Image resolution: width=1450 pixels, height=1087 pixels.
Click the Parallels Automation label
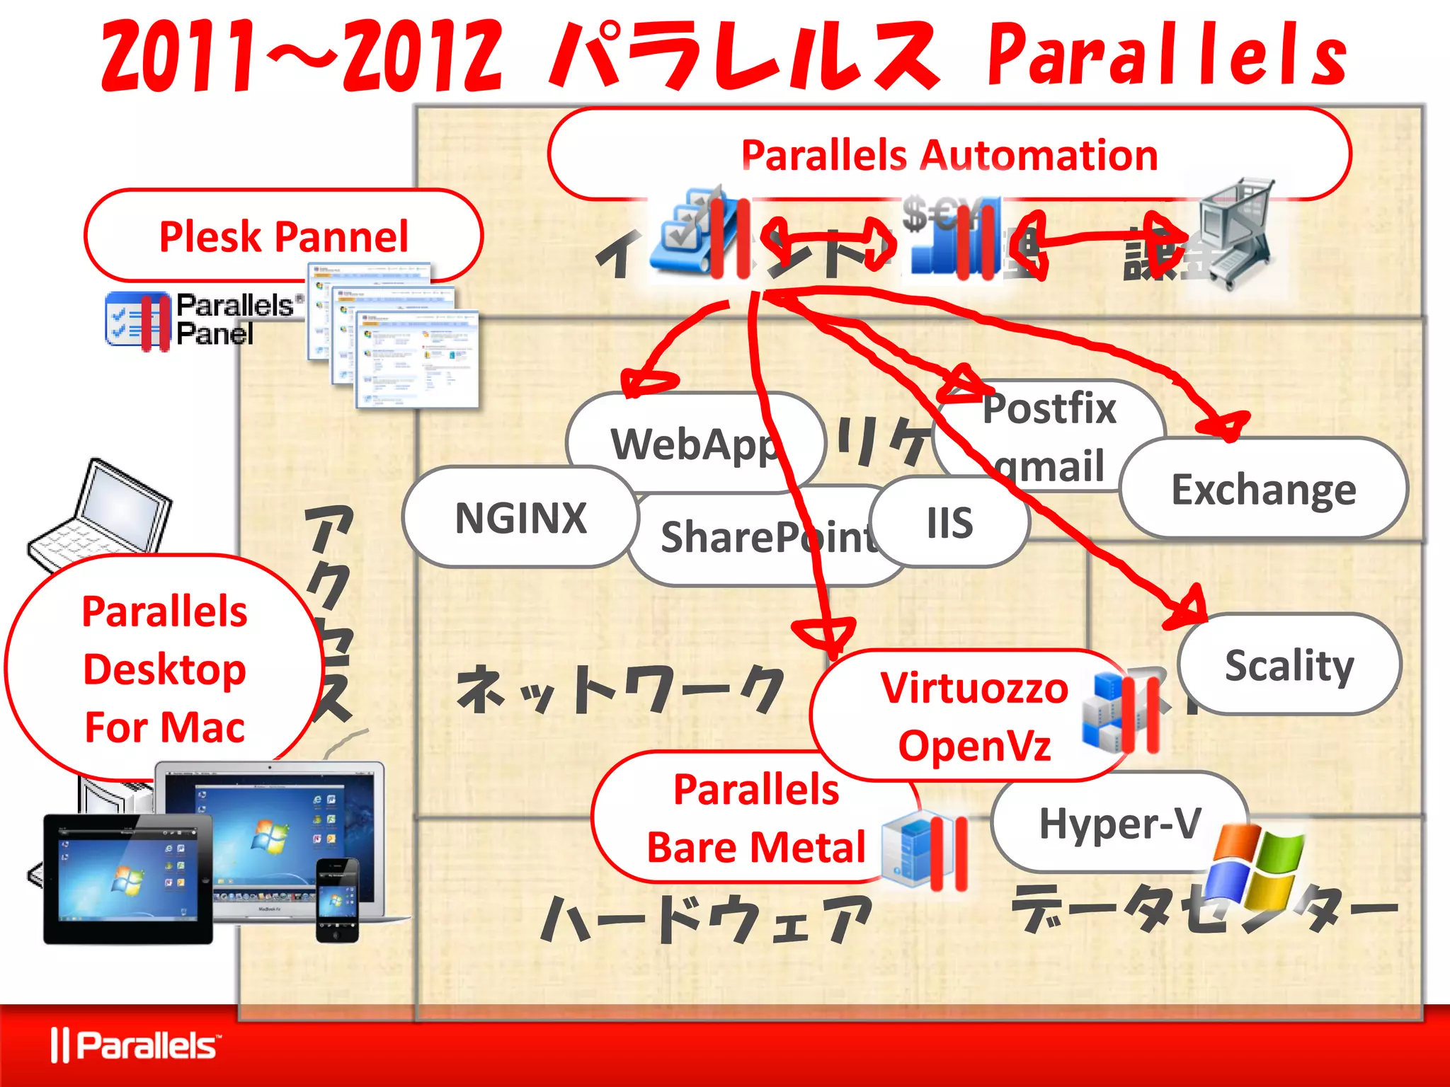pyautogui.click(x=949, y=155)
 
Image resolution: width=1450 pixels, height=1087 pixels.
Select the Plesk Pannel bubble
pyautogui.click(x=283, y=236)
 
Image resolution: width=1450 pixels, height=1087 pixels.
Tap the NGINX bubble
pyautogui.click(x=520, y=518)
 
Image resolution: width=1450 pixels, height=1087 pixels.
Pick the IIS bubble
pyautogui.click(x=950, y=523)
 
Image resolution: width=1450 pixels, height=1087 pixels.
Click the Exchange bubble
pyautogui.click(x=1264, y=489)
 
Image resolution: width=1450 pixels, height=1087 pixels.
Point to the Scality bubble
pyautogui.click(x=1289, y=665)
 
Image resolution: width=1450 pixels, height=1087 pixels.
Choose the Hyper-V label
pyautogui.click(x=1120, y=824)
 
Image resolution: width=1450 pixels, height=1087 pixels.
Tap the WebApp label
pyautogui.click(x=694, y=444)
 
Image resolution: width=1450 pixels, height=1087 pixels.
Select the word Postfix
pyautogui.click(x=1049, y=408)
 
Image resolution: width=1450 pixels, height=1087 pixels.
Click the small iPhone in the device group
pyautogui.click(x=337, y=900)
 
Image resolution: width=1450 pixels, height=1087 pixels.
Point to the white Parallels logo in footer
pyautogui.click(x=135, y=1046)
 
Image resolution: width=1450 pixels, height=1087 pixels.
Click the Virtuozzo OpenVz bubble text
pyautogui.click(x=974, y=716)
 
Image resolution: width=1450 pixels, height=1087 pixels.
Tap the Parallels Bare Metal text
pyautogui.click(x=756, y=818)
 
